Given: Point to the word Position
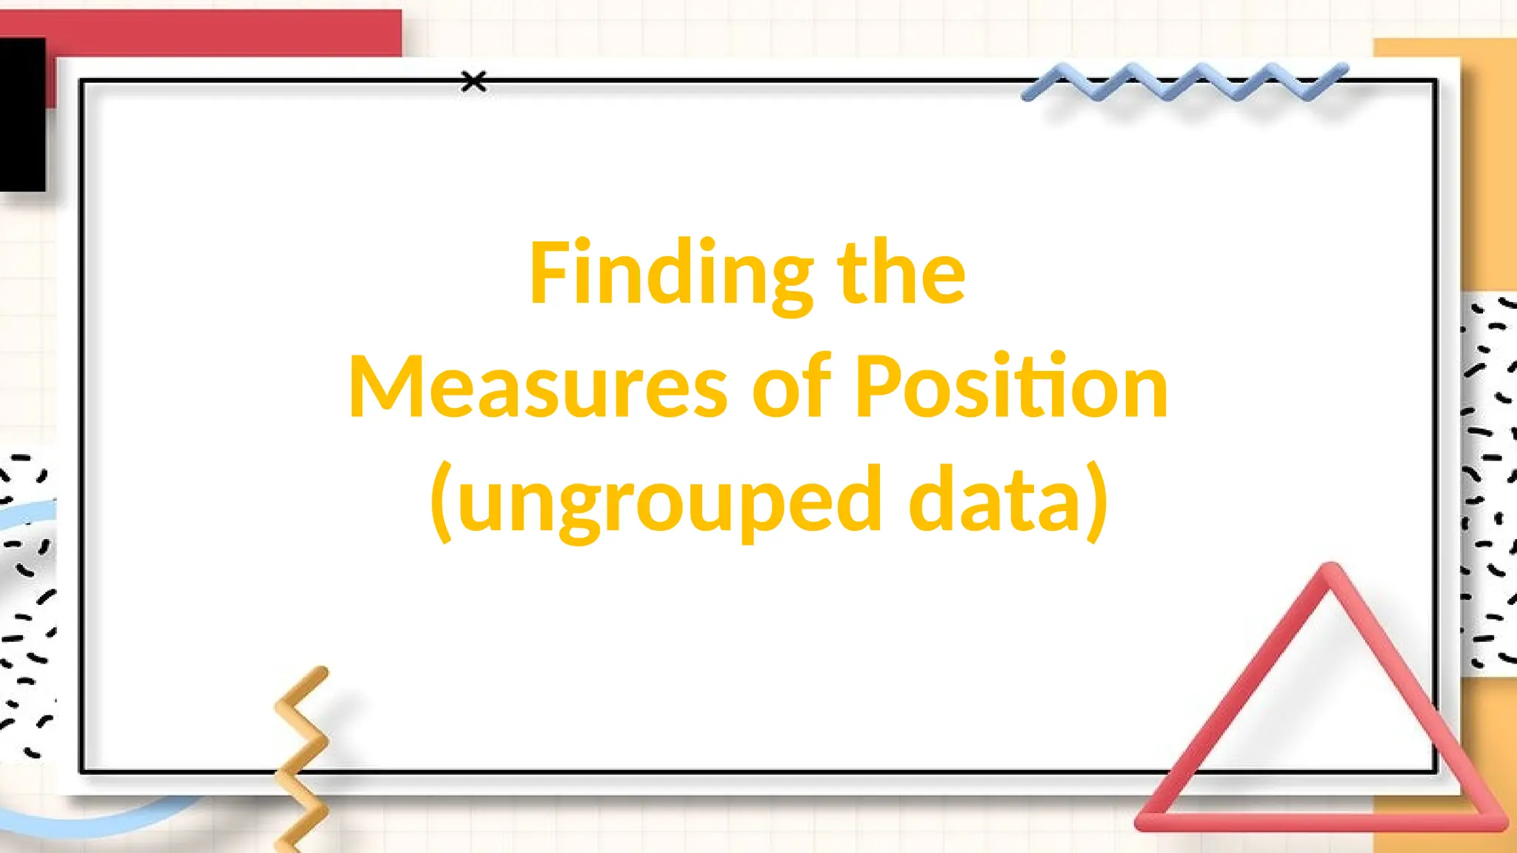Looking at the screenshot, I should pos(1011,387).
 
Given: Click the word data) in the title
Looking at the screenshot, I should pos(1007,501).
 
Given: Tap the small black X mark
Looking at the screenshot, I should pos(473,81).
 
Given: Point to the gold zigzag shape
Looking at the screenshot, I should pos(302,755).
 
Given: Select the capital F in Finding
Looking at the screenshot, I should pos(548,272).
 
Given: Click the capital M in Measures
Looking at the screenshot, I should pos(385,387).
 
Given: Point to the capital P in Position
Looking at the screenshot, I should pos(878,387).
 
